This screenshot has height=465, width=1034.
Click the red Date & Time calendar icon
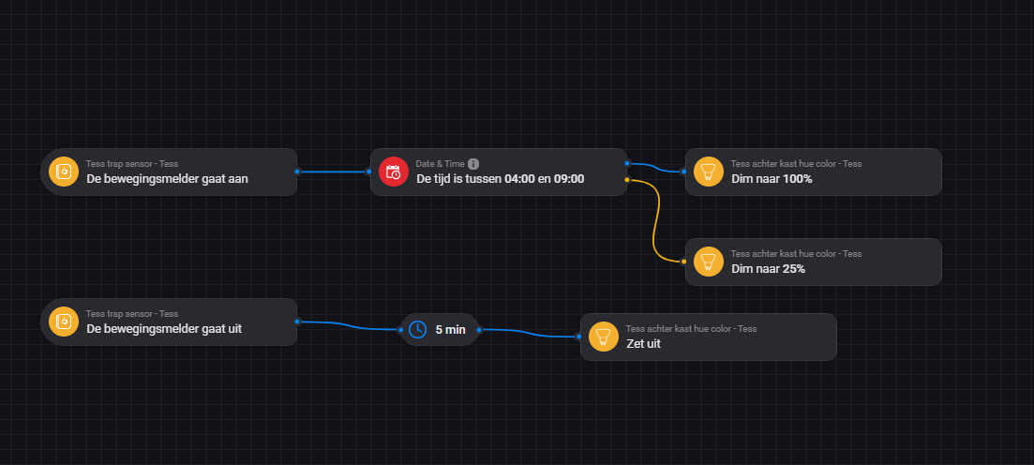394,172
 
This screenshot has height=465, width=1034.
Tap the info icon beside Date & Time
473,164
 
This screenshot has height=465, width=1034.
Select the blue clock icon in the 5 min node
418,329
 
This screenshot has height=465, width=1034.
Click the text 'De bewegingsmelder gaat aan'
167,179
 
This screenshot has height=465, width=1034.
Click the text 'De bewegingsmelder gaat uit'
164,329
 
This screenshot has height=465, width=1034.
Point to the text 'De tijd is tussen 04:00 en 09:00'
500,179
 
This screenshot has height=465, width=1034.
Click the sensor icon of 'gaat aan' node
64,172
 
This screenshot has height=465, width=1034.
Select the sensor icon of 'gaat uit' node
64,322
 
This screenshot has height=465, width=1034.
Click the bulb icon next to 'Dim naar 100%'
709,172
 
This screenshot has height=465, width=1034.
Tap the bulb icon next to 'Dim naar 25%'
709,262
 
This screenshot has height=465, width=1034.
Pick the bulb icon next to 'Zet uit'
604,337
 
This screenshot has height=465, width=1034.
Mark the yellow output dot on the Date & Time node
626,179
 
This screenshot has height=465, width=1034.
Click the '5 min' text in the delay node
450,329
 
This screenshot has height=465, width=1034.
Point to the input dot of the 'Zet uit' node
578,337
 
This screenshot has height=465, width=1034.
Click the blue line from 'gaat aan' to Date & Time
333,172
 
